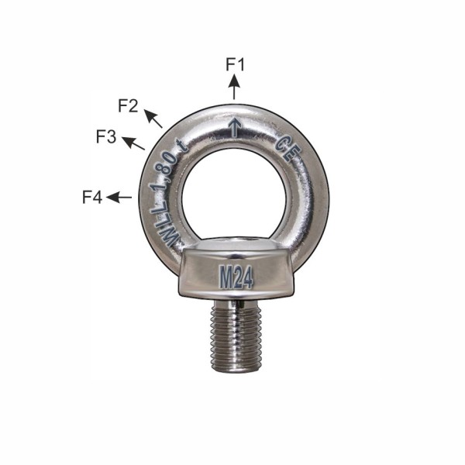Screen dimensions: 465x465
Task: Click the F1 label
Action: point(235,64)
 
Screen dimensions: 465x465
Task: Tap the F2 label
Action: point(128,106)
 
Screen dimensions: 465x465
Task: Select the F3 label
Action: point(106,137)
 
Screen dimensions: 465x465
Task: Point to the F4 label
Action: point(92,197)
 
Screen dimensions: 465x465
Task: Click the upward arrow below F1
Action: point(234,87)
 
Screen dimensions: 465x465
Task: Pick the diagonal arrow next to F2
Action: point(153,119)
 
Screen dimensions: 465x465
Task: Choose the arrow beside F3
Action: point(133,143)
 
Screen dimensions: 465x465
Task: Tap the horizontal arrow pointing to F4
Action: point(119,197)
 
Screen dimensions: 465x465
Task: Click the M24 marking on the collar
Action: point(236,277)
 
